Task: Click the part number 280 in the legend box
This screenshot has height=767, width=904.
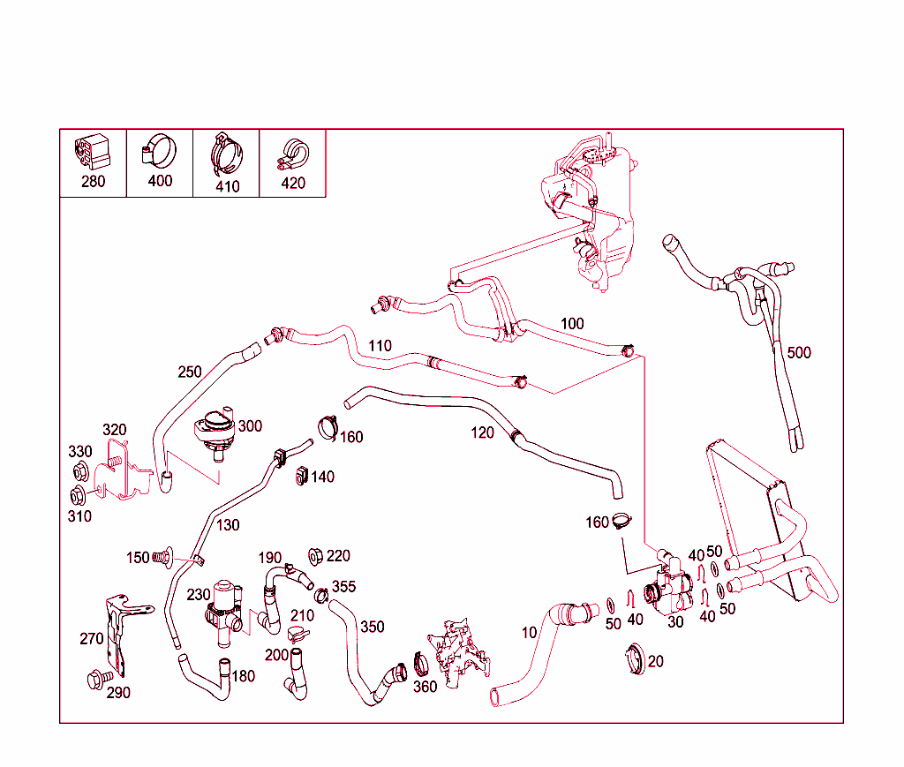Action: (x=93, y=182)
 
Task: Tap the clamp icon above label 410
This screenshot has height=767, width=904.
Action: (x=226, y=154)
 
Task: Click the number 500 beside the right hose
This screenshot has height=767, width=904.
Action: (x=798, y=353)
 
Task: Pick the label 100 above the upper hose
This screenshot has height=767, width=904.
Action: (x=572, y=324)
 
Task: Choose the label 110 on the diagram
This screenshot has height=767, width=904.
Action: (x=380, y=345)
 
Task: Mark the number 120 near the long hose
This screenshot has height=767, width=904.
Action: (x=482, y=432)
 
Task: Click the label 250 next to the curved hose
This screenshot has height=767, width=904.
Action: (x=190, y=371)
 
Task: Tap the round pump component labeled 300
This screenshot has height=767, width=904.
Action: (x=215, y=432)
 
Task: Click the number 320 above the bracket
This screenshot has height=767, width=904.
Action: (x=114, y=430)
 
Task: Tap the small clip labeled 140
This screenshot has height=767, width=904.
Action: (x=301, y=475)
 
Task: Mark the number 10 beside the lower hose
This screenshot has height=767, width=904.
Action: (x=529, y=633)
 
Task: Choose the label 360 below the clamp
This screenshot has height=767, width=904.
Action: (x=425, y=687)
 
